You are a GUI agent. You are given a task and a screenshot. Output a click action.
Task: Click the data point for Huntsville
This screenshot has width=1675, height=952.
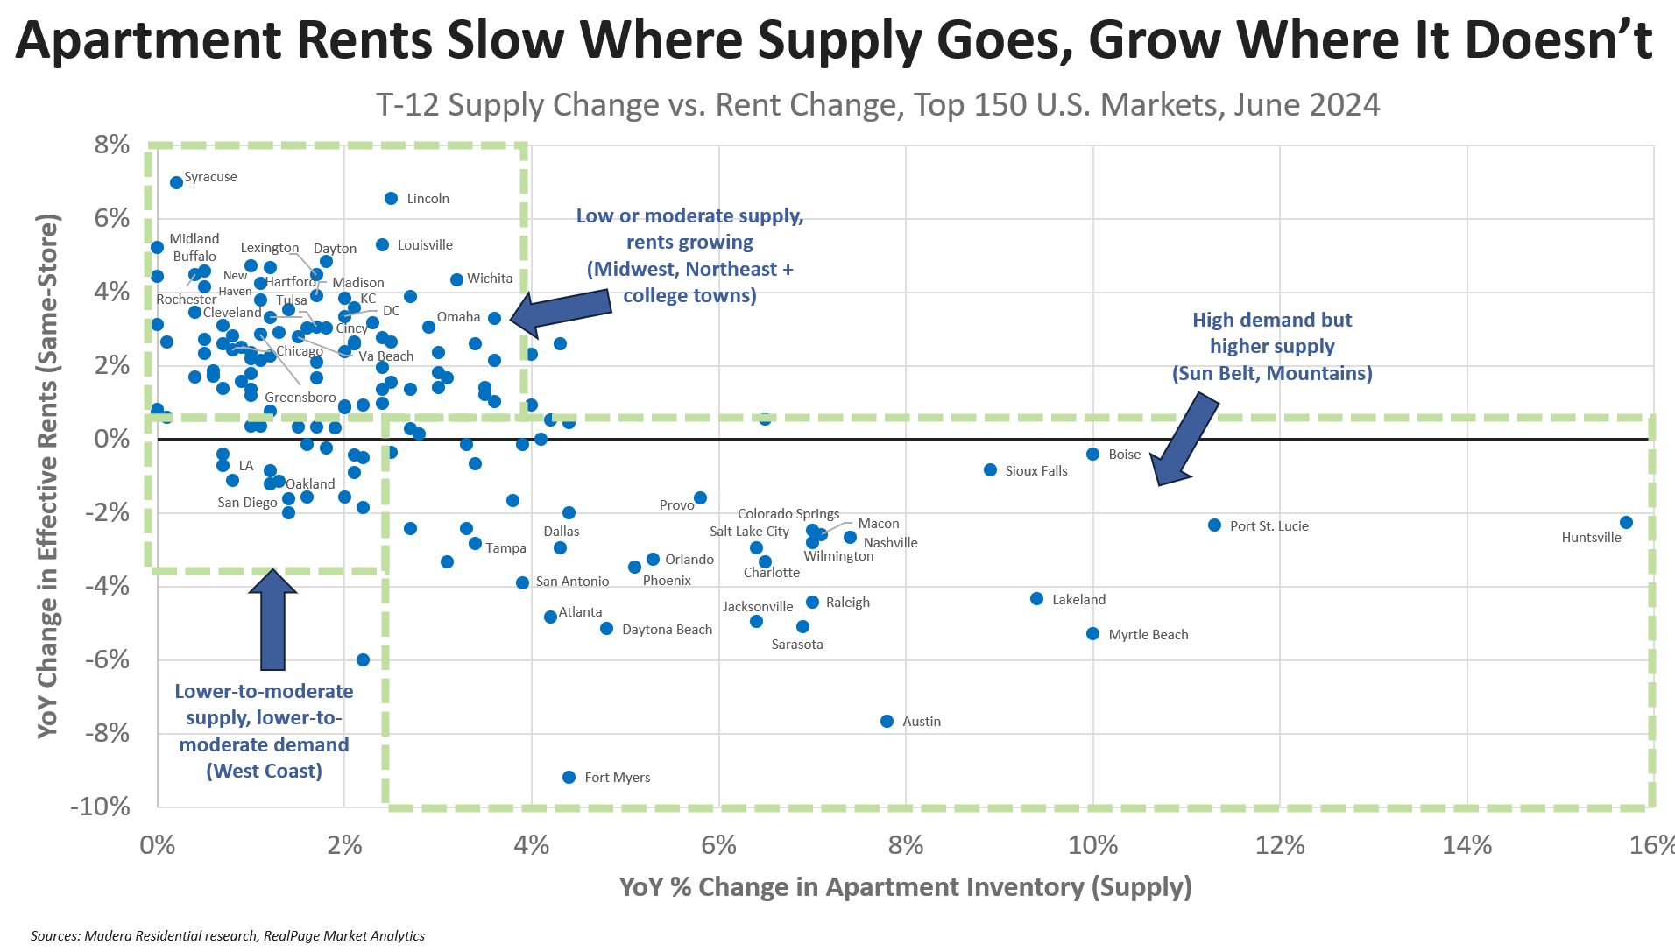pyautogui.click(x=1626, y=522)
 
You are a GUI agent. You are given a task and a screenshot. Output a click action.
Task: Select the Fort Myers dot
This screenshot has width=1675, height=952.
pyautogui.click(x=569, y=777)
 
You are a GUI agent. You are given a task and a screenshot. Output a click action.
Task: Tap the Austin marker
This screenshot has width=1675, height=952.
pyautogui.click(x=887, y=721)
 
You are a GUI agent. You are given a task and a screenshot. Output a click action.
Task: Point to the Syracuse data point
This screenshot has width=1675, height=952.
pyautogui.click(x=176, y=182)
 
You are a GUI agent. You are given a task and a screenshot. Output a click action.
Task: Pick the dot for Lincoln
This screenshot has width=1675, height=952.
pyautogui.click(x=392, y=199)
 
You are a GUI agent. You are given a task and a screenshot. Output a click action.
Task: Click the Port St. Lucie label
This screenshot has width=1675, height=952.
pyautogui.click(x=1269, y=526)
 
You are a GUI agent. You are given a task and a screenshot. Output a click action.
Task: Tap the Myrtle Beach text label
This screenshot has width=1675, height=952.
pyautogui.click(x=1148, y=635)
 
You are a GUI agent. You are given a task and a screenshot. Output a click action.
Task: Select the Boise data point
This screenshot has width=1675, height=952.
pyautogui.click(x=1092, y=454)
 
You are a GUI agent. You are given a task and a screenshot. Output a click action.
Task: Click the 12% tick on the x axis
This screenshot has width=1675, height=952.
pyautogui.click(x=1279, y=845)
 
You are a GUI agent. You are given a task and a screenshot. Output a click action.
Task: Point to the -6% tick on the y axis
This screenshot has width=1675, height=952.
pyautogui.click(x=107, y=659)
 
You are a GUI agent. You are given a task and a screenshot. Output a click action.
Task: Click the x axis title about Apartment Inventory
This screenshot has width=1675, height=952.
pyautogui.click(x=905, y=887)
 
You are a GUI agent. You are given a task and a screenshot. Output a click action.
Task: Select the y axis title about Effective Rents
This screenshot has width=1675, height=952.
pyautogui.click(x=48, y=476)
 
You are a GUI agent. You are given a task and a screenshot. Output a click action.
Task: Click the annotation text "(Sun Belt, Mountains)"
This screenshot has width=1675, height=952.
pyautogui.click(x=1272, y=373)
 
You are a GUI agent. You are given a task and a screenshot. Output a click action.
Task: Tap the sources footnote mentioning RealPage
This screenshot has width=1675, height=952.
pyautogui.click(x=227, y=935)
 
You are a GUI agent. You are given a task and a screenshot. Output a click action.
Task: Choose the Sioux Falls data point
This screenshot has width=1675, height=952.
pyautogui.click(x=990, y=470)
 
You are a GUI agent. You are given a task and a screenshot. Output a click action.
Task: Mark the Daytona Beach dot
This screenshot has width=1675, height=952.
pyautogui.click(x=606, y=629)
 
